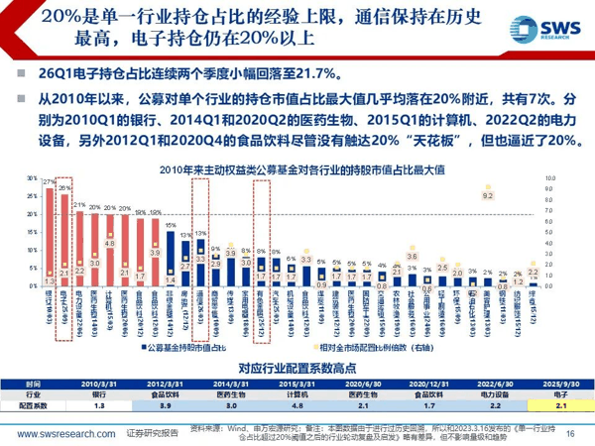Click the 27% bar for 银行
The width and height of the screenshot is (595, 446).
tap(50, 238)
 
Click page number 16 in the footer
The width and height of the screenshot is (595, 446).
tap(569, 432)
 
